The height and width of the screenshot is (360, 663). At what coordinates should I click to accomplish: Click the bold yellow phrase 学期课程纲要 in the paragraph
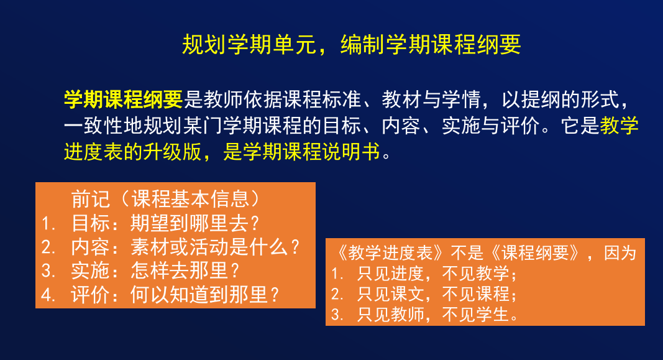[x=123, y=99]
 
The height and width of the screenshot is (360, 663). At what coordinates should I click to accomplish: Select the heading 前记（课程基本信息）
[x=165, y=199]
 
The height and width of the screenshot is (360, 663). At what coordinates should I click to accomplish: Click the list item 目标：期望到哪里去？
[x=165, y=223]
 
